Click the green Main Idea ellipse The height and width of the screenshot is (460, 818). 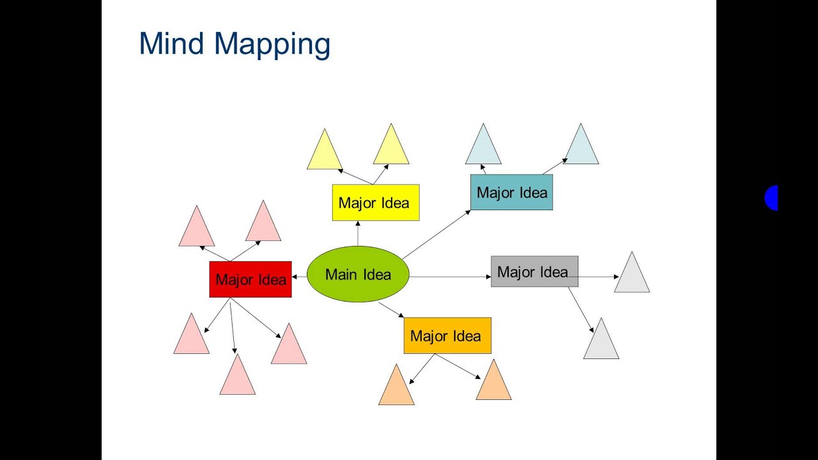coord(358,274)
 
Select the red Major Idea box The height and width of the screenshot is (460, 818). coord(251,279)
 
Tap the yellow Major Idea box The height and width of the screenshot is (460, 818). coord(376,203)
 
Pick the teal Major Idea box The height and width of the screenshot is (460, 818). coord(511,192)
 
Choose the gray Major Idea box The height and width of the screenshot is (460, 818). coord(534,272)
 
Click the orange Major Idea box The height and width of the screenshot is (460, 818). coord(447,335)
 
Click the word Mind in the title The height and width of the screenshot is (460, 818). coord(172,44)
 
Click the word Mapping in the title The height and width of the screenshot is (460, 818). coord(272,45)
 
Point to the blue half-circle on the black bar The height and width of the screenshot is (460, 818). coord(772,198)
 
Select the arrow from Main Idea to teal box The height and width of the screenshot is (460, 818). coord(436,234)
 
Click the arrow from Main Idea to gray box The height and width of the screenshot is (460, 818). coord(450,277)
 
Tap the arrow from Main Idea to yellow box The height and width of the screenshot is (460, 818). coord(358,233)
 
